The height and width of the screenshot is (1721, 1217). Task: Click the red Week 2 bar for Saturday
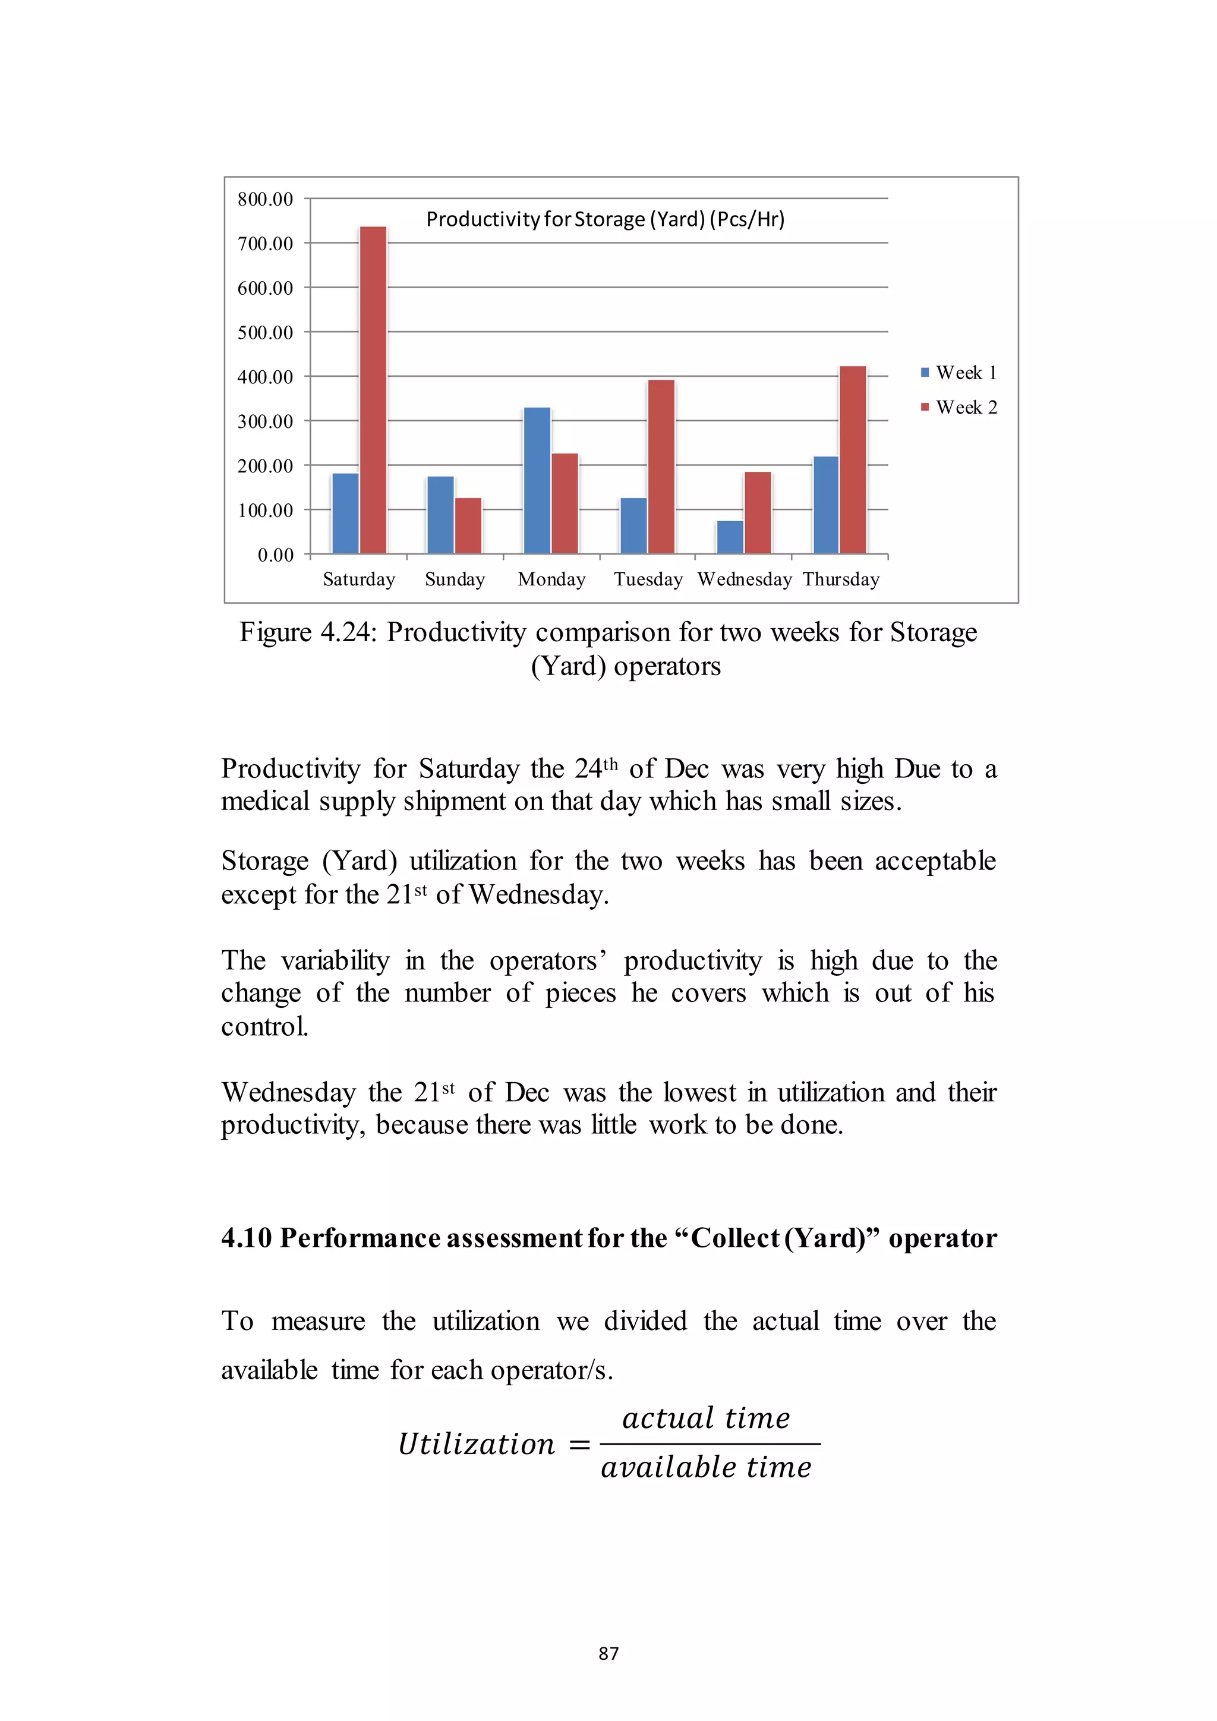click(x=373, y=390)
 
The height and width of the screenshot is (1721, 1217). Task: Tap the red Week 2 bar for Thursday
click(x=853, y=459)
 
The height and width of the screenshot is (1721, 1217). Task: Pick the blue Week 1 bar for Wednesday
click(x=730, y=537)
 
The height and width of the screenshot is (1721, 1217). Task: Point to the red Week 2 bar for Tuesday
click(x=661, y=467)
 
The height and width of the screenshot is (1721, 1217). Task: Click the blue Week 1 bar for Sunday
click(x=441, y=515)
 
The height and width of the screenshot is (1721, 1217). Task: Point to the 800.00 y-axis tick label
click(x=265, y=200)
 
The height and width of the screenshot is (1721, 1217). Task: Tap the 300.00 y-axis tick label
click(x=265, y=421)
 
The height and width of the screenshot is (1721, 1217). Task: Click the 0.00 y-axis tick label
click(x=275, y=554)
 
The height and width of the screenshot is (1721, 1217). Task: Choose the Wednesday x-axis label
click(x=744, y=579)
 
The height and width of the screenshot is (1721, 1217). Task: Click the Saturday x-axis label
click(x=359, y=579)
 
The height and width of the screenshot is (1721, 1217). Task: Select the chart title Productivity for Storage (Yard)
click(x=605, y=219)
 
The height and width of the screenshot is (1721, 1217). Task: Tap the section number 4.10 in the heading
click(x=246, y=1237)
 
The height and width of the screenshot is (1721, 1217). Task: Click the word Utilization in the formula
click(x=476, y=1443)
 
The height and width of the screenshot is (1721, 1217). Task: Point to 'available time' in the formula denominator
click(x=706, y=1467)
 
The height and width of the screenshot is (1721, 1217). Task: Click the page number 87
click(x=608, y=1653)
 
